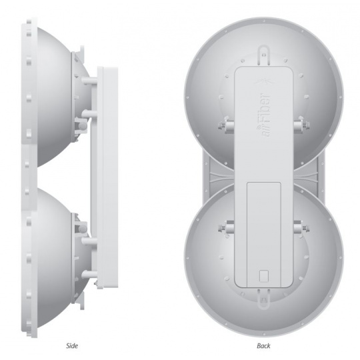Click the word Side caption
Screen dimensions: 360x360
point(72,345)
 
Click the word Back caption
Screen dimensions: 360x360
point(263,345)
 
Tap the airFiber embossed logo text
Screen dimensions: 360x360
point(264,115)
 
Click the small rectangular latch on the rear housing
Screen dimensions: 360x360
point(264,276)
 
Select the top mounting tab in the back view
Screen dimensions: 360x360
point(263,55)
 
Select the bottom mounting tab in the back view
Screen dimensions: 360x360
point(263,298)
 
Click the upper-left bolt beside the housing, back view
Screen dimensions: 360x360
point(226,125)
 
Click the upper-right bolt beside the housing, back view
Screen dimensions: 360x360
point(302,125)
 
